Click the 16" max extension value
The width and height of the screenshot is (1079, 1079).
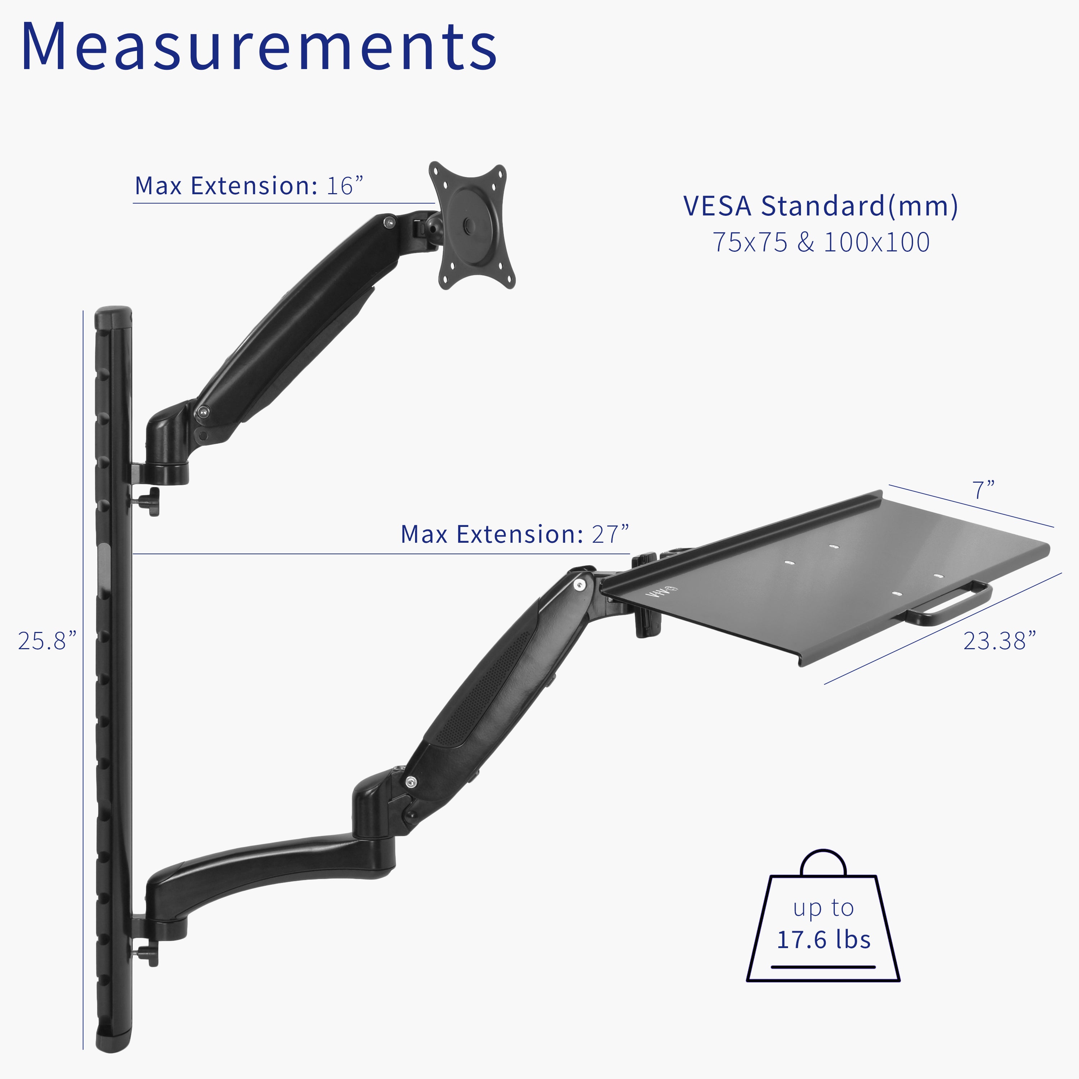point(344,186)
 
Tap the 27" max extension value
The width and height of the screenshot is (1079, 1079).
point(610,534)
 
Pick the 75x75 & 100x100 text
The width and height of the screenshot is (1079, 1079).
point(820,242)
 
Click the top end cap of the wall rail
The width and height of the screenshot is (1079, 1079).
point(114,316)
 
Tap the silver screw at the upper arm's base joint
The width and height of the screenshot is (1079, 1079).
point(202,412)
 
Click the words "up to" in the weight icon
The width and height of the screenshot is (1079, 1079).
point(823,908)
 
